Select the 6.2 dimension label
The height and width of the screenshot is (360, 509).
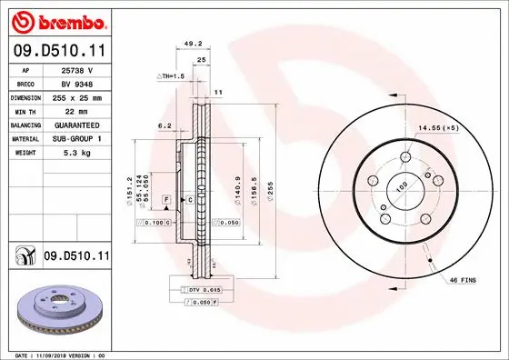(165, 125)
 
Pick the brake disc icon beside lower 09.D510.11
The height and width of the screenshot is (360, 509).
(24, 257)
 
